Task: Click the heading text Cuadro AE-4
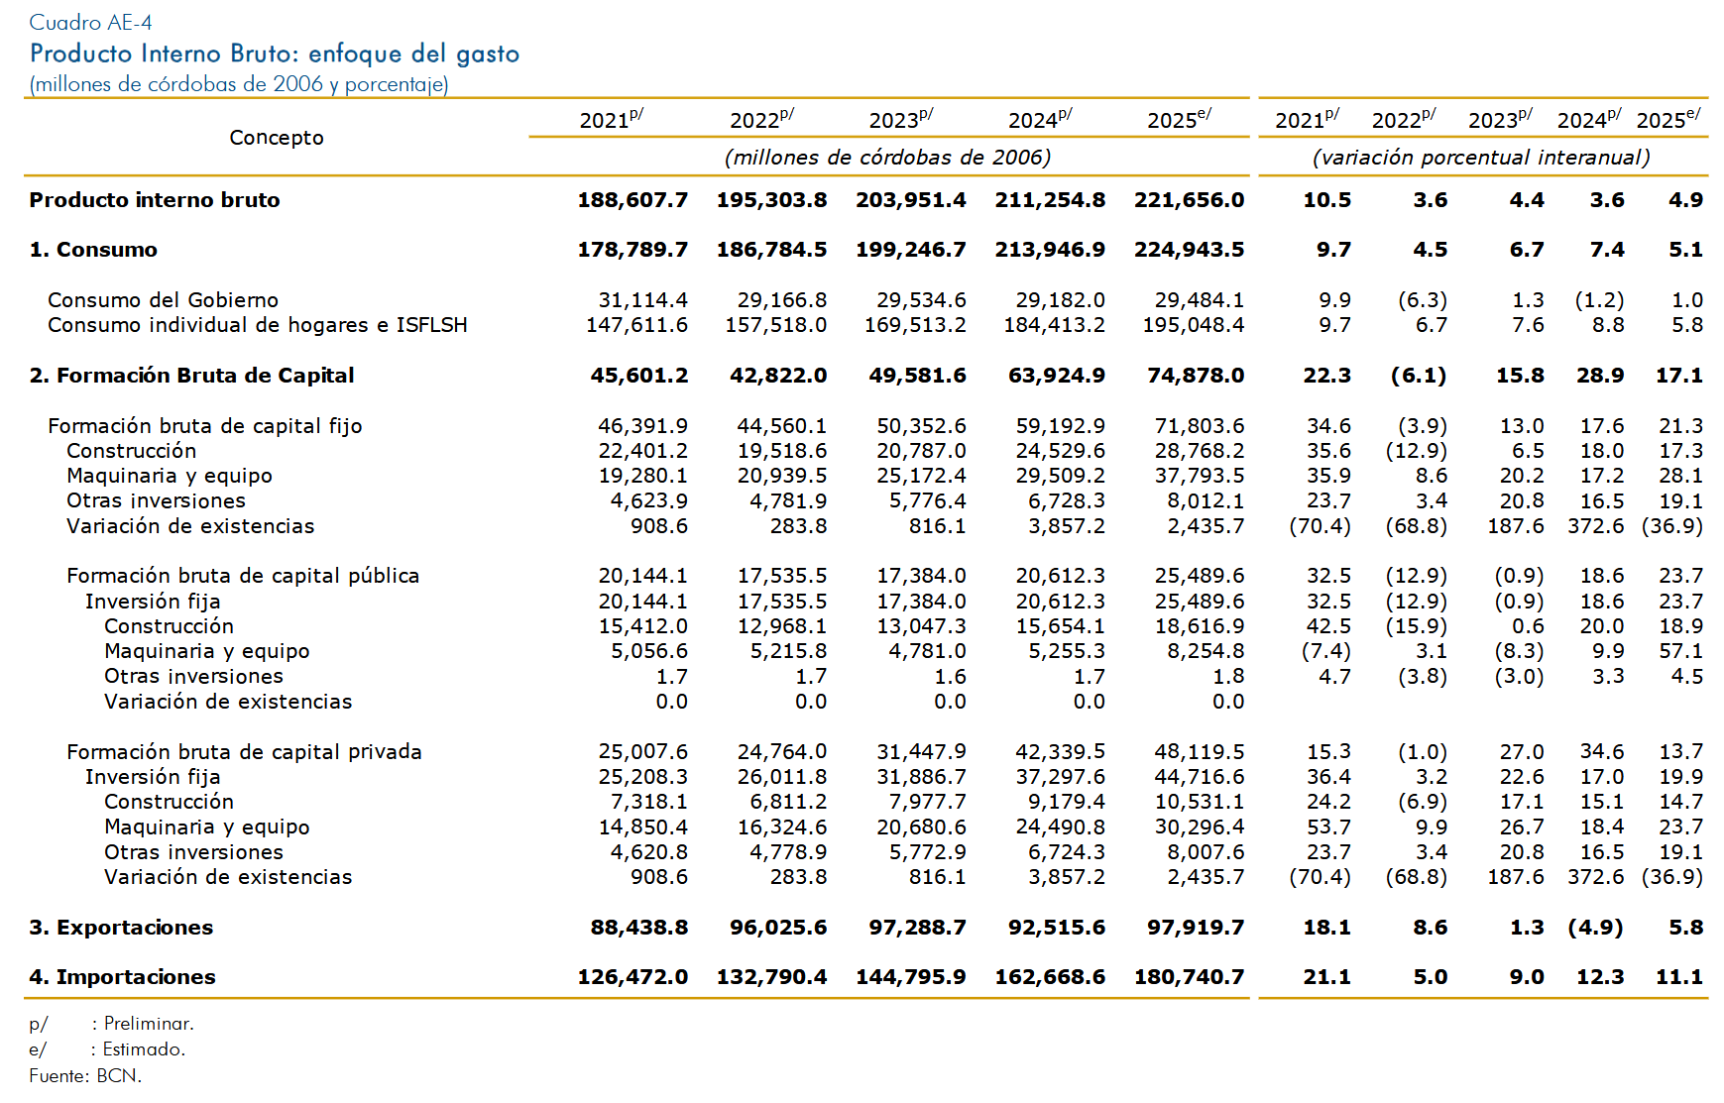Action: [x=90, y=22]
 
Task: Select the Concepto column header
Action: [x=277, y=138]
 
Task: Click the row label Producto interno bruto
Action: [x=155, y=200]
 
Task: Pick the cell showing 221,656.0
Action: [x=1190, y=200]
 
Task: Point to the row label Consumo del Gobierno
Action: [x=163, y=300]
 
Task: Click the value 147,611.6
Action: [x=636, y=325]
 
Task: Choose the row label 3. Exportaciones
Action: [x=121, y=928]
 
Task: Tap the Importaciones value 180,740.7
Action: [x=1190, y=977]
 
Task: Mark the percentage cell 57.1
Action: [x=1681, y=651]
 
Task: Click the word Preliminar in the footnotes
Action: [x=149, y=1024]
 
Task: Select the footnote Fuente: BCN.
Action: [x=85, y=1075]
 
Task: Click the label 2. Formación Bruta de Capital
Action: [x=191, y=376]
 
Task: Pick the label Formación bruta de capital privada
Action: [x=244, y=752]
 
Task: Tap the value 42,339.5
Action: [x=1060, y=752]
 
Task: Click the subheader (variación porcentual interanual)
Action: [x=1481, y=158]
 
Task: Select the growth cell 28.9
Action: [x=1600, y=376]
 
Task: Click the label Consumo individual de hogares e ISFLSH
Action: [x=258, y=325]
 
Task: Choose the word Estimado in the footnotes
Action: [x=144, y=1049]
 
